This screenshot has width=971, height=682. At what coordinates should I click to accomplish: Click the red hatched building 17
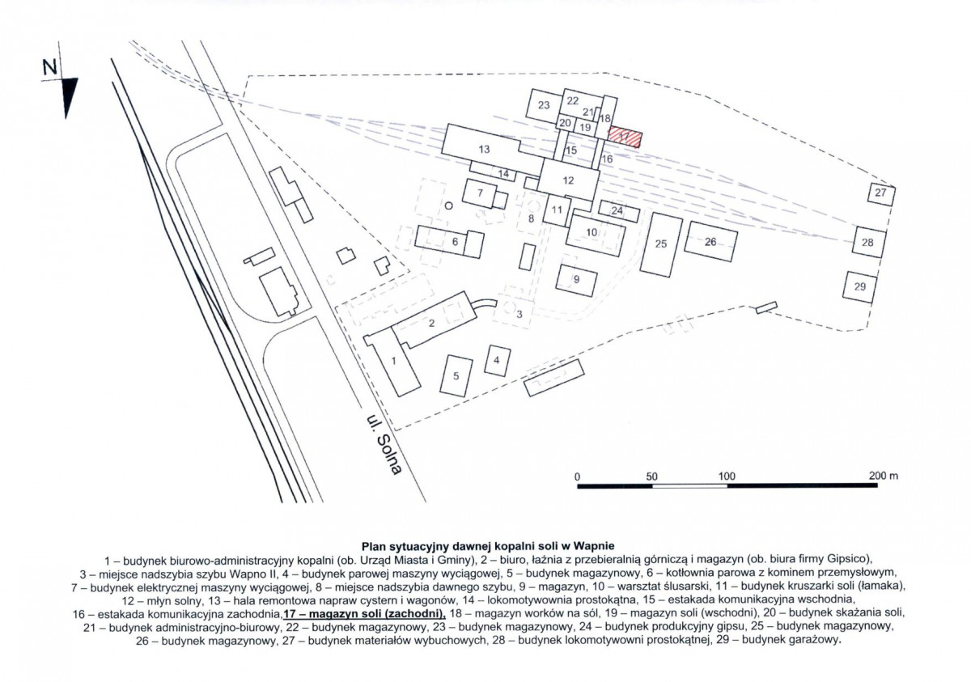[625, 137]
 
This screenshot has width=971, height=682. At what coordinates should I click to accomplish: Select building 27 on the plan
[881, 194]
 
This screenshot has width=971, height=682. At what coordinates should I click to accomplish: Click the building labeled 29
[859, 287]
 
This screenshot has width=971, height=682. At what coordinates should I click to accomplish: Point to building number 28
[869, 242]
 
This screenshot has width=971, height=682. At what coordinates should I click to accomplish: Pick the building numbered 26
[711, 241]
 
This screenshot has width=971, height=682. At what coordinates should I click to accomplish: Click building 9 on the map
[576, 280]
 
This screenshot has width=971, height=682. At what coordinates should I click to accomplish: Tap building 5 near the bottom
[456, 375]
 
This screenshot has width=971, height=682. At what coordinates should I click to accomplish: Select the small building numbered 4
[497, 360]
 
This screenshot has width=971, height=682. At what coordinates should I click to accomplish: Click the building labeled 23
[544, 105]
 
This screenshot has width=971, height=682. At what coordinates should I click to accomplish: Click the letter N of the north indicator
[50, 67]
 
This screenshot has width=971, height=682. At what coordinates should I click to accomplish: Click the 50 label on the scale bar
[652, 477]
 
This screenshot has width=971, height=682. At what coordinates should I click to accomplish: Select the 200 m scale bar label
[884, 476]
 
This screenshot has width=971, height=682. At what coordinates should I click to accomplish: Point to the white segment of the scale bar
[689, 486]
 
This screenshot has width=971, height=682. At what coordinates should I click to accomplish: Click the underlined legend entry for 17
[365, 613]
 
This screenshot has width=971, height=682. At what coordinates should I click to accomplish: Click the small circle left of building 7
[449, 205]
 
